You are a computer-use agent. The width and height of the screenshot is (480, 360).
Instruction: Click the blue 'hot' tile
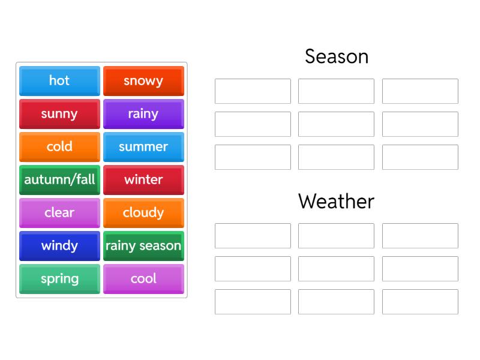click(x=59, y=81)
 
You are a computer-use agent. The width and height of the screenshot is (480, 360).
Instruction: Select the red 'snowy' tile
click(x=143, y=81)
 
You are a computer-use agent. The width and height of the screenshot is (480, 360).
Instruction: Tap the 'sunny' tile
click(x=59, y=114)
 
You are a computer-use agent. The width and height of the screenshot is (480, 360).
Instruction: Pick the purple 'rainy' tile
click(x=143, y=114)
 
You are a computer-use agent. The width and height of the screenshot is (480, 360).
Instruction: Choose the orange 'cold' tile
click(x=59, y=147)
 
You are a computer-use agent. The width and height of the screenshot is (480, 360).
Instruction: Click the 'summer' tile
click(x=143, y=147)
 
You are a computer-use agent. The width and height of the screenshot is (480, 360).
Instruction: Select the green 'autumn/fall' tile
click(x=59, y=180)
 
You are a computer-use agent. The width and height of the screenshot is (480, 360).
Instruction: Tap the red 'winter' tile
click(x=143, y=180)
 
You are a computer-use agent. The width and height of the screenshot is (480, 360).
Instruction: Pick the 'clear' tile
click(x=59, y=213)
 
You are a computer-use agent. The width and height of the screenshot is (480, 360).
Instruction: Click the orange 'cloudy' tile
click(x=143, y=213)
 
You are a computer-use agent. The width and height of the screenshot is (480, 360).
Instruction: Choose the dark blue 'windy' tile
click(x=59, y=246)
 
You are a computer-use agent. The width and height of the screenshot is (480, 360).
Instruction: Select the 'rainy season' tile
click(x=143, y=246)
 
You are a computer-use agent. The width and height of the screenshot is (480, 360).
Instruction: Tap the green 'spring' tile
click(x=59, y=279)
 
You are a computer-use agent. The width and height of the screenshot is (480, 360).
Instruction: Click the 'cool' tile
click(x=143, y=279)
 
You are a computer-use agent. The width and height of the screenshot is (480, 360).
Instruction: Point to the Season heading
click(x=336, y=56)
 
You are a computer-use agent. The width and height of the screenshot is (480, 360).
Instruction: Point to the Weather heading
click(x=336, y=202)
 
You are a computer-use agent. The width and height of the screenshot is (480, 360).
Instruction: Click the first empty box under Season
click(x=253, y=91)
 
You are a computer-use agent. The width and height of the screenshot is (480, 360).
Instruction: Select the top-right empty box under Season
click(x=420, y=91)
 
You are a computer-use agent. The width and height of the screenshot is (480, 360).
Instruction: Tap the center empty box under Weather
click(x=336, y=269)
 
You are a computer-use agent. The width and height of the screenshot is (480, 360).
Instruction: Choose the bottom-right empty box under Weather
click(x=420, y=302)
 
